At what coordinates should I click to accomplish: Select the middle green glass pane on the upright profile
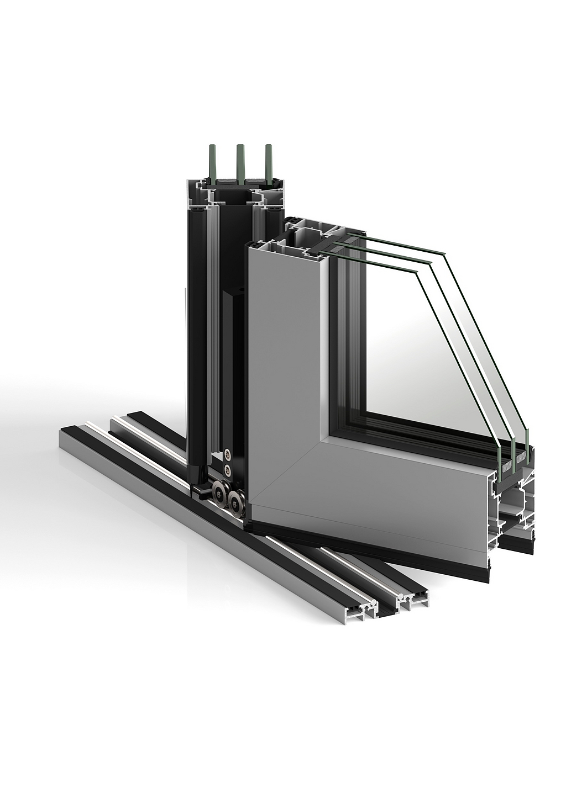pyautogui.click(x=240, y=160)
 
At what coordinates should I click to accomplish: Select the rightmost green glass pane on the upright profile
pyautogui.click(x=269, y=160)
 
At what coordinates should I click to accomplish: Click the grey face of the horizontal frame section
pyautogui.click(x=398, y=497)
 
